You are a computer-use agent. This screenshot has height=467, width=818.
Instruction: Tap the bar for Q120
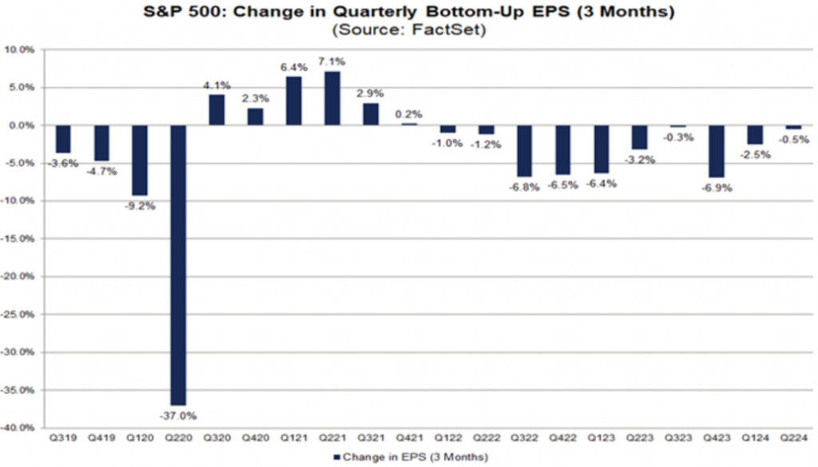pyautogui.click(x=140, y=160)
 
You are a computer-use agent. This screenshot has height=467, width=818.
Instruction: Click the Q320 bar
pyautogui.click(x=216, y=110)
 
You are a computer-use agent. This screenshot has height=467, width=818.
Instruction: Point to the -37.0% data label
pyautogui.click(x=179, y=414)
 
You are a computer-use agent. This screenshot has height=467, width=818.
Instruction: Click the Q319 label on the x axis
pyautogui.click(x=63, y=439)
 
